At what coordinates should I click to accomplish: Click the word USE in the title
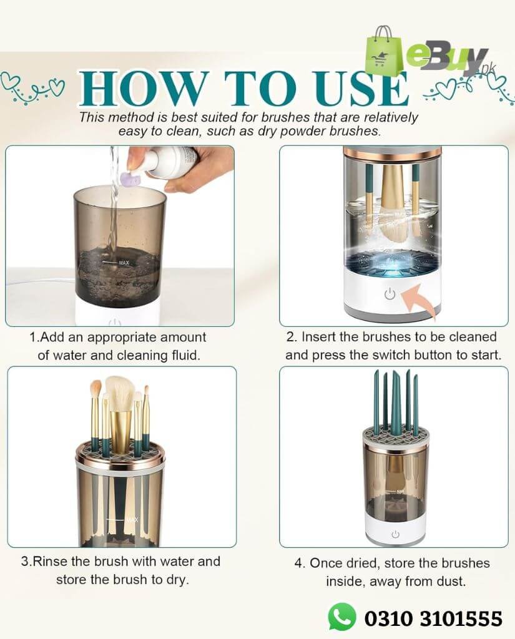(x=360, y=89)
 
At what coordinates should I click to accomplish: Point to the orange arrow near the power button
(x=419, y=298)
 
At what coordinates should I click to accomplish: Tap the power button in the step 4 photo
(x=395, y=534)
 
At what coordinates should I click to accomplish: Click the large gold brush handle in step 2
(x=392, y=187)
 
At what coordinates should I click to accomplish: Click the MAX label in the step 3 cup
(x=132, y=519)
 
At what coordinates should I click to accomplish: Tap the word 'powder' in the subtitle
(x=291, y=132)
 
